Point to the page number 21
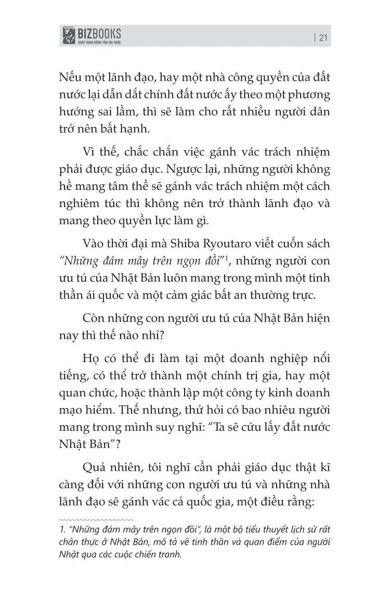(322, 37)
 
